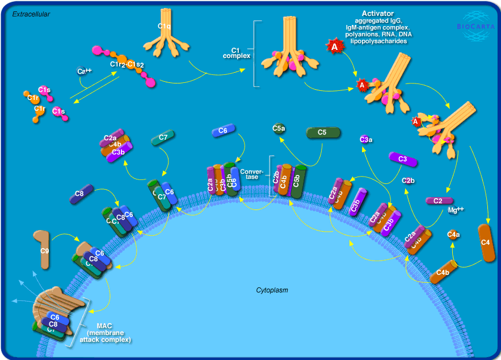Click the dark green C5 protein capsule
[323, 133]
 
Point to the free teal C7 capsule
[163, 138]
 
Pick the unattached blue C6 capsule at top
[223, 131]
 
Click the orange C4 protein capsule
[486, 243]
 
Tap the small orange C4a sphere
[453, 234]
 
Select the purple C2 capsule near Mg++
[439, 200]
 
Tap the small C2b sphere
[408, 181]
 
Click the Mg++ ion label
[456, 210]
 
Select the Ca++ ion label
[84, 71]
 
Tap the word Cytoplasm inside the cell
[272, 290]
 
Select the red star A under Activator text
[335, 47]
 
